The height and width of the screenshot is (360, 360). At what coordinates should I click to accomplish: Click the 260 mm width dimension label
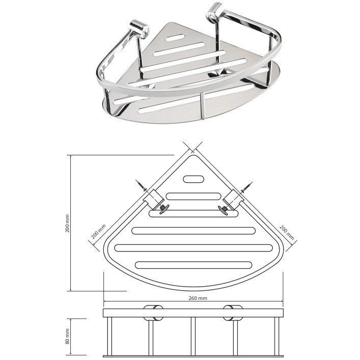click(198, 298)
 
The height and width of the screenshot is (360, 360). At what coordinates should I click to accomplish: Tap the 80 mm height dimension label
click(67, 337)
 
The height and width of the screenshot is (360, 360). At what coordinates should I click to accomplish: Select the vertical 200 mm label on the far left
click(67, 224)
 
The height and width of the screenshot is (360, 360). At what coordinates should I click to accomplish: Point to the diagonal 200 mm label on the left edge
click(98, 231)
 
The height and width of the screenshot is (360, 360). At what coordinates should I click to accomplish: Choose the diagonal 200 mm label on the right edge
click(287, 232)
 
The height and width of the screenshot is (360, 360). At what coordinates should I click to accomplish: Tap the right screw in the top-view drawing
click(246, 187)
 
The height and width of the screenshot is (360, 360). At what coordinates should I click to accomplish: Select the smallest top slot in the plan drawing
click(193, 179)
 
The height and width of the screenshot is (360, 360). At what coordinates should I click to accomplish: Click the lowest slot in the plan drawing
click(193, 265)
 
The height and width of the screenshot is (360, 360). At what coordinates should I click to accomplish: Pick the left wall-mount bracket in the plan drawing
click(154, 199)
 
